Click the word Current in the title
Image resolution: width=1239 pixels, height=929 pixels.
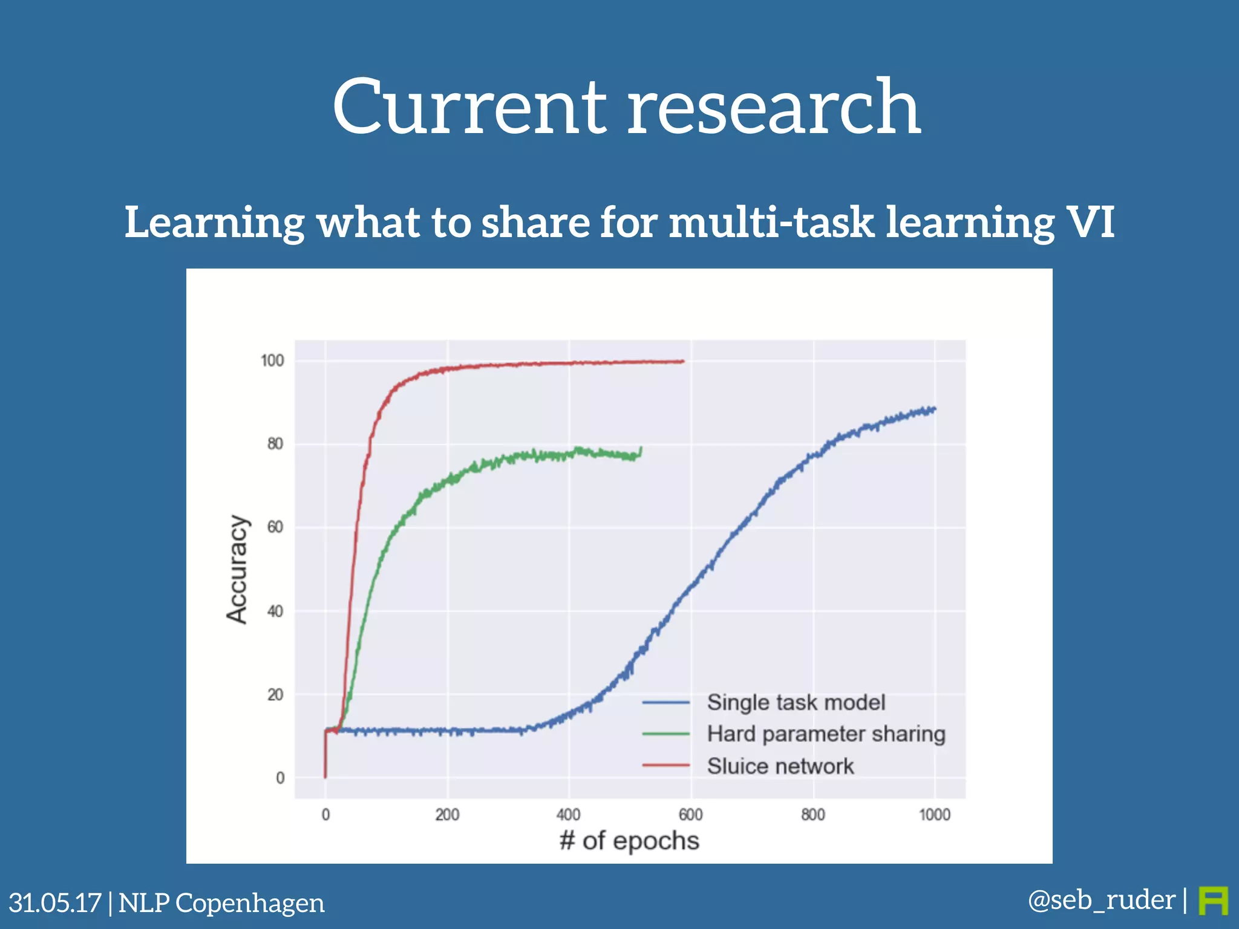pos(469,108)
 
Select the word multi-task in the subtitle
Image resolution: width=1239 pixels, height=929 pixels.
pos(771,222)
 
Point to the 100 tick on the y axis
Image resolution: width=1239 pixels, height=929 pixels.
pos(272,361)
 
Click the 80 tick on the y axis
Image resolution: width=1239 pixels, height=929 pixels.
pos(275,444)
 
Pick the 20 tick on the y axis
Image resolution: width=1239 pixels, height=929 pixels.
pos(275,695)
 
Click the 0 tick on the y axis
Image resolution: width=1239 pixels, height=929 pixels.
pos(280,778)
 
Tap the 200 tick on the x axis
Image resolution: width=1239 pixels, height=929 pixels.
pos(447,815)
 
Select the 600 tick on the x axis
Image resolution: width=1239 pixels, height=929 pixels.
pos(690,815)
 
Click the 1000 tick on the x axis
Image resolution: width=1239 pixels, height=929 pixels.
pos(935,815)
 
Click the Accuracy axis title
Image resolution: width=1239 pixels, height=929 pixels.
pos(237,569)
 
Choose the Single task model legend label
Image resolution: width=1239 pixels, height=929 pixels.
pos(796,703)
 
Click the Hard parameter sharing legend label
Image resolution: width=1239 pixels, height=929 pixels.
pos(826,734)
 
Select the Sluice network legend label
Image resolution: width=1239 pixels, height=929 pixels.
pos(780,766)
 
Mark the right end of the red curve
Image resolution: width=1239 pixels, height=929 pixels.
pos(683,362)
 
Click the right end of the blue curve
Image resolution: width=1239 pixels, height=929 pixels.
pos(935,409)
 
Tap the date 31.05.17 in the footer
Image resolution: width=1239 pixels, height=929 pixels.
pos(55,903)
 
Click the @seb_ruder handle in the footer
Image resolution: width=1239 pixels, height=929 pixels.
pos(1101,900)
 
